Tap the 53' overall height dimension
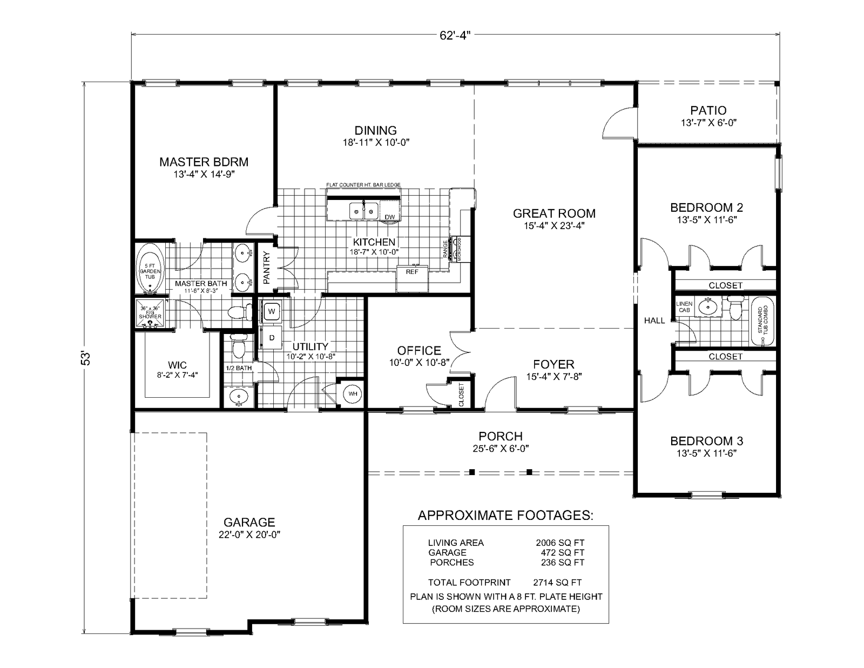(85, 359)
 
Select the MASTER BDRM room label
(204, 162)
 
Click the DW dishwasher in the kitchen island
(389, 217)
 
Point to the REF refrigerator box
(412, 272)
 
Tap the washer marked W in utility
(272, 311)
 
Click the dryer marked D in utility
(272, 338)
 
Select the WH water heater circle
(353, 394)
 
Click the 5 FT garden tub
(150, 269)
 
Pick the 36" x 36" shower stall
(150, 313)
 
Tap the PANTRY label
(266, 268)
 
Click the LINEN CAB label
(684, 307)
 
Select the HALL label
(654, 320)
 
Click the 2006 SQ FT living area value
(560, 543)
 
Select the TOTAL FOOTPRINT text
(469, 582)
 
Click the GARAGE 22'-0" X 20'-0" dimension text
(249, 535)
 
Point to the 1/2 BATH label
(239, 368)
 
